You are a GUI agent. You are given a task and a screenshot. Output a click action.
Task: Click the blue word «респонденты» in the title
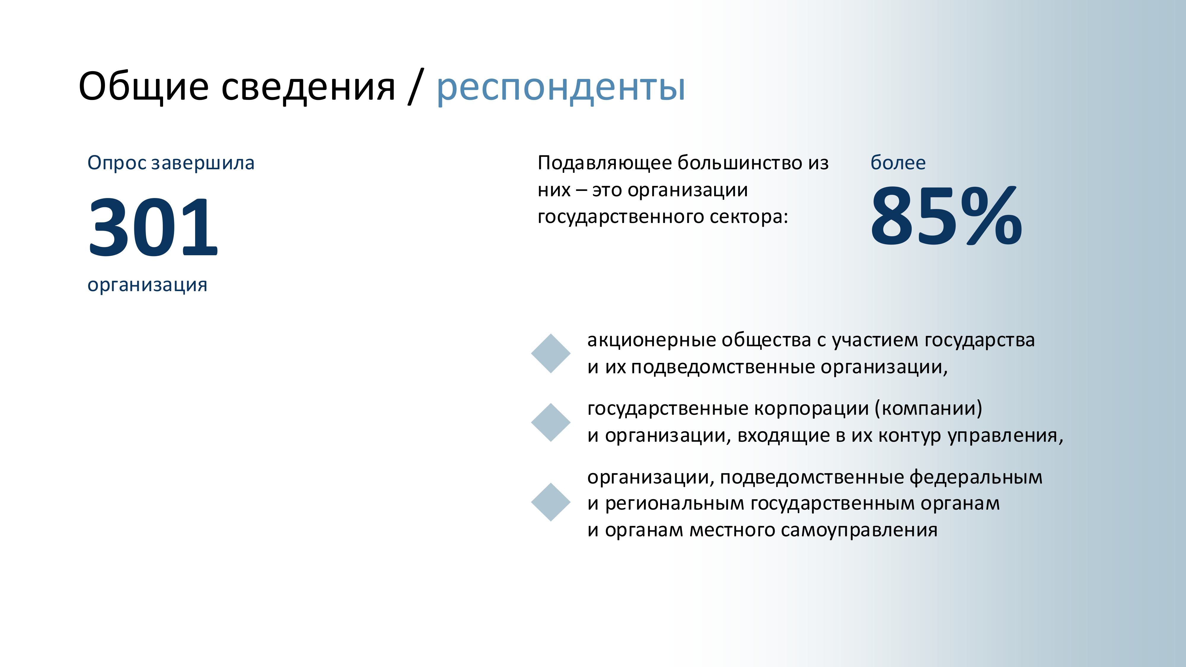point(561,87)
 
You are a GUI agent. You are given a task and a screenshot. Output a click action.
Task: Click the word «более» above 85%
point(898,163)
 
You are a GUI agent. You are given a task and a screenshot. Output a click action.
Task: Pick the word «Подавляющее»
point(605,163)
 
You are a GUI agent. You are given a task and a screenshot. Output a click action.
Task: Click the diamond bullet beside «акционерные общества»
point(551,353)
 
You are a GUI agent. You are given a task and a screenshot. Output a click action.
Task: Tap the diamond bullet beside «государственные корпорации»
point(551,422)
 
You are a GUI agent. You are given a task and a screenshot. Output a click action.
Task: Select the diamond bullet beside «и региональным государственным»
point(551,502)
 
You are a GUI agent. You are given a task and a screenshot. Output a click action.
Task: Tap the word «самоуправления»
point(859,531)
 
